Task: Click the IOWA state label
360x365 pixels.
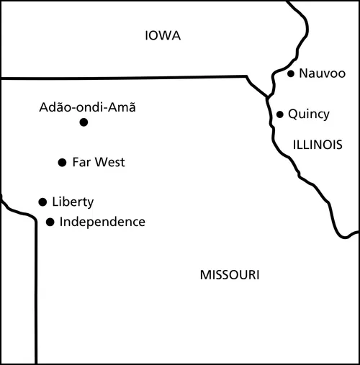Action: pos(162,36)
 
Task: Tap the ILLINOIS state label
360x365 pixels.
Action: pos(317,145)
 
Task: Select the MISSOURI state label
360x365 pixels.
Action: pos(230,275)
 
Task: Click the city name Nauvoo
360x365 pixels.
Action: pos(322,73)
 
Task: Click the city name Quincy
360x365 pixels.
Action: pos(308,114)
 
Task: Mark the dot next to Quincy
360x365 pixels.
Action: pos(280,114)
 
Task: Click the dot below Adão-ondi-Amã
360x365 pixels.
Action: pos(84,122)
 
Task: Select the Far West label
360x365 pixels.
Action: pos(99,163)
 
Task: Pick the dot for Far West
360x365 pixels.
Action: pos(62,163)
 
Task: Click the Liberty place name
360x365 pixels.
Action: pos(73,202)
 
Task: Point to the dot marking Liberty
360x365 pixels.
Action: pos(42,202)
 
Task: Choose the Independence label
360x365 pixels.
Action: pos(102,222)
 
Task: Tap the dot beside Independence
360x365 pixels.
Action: pos(50,222)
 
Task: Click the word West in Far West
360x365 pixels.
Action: pos(109,163)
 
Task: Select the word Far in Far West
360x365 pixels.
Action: pos(81,163)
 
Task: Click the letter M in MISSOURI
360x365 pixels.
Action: pos(204,275)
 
